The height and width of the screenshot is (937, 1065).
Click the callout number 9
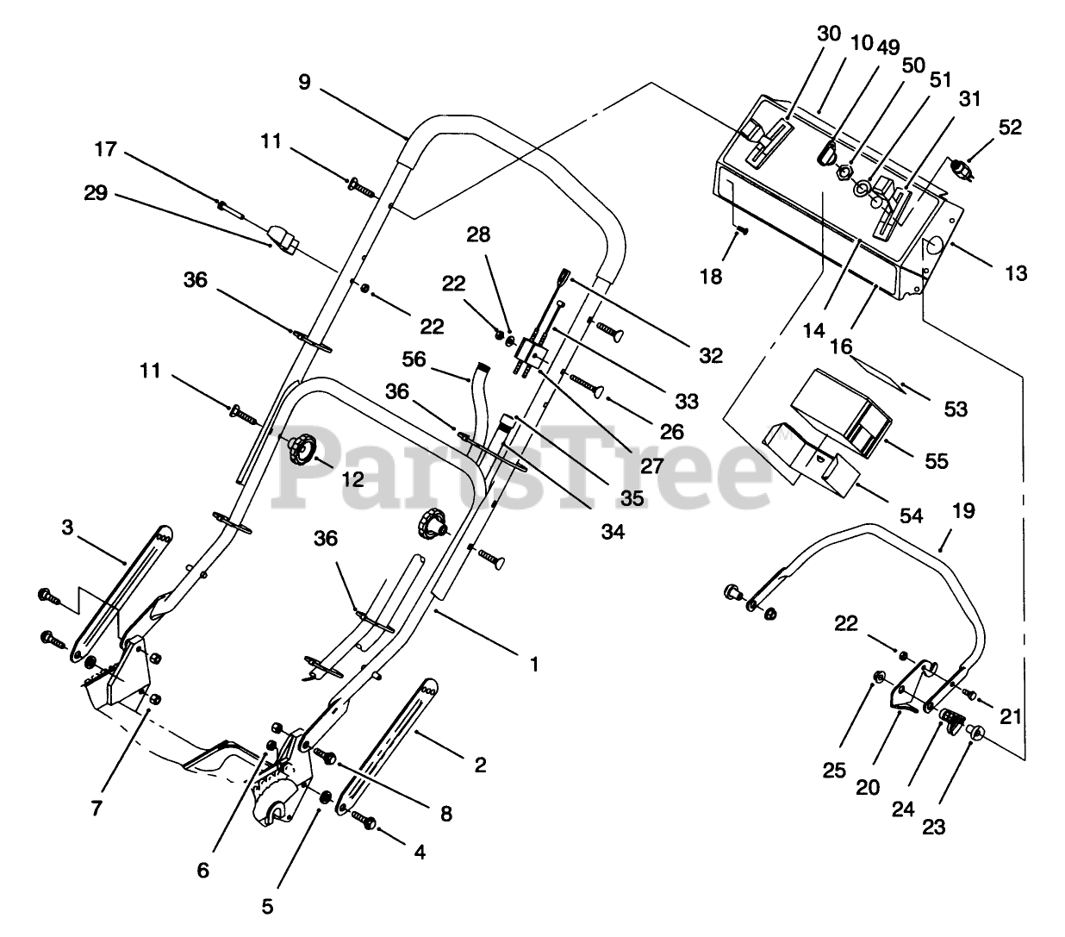point(303,84)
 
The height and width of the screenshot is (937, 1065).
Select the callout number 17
point(106,149)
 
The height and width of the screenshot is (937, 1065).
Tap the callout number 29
point(96,193)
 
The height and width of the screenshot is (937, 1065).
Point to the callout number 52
point(1010,128)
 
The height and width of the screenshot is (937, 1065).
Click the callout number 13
point(1016,274)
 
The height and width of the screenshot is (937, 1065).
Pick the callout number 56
point(415,359)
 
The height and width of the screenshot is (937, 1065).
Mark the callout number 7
point(97,808)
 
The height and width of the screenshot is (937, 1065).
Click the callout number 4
point(420,853)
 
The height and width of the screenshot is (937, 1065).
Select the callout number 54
point(912,515)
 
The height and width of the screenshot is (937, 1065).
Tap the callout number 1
point(534,665)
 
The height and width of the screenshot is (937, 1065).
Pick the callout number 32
point(712,355)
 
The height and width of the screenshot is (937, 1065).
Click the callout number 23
point(933,827)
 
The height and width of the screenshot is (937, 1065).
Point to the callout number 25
point(834,771)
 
